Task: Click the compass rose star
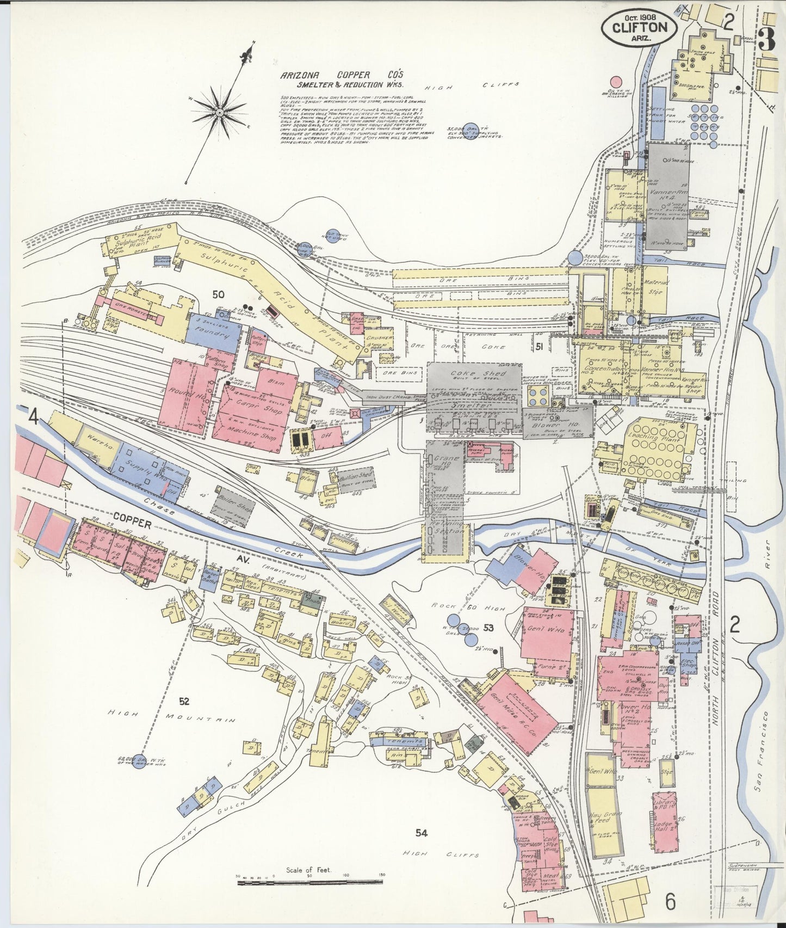tap(219, 113)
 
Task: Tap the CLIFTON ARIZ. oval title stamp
tap(639, 27)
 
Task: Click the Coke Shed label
tap(471, 374)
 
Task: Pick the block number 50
tap(218, 294)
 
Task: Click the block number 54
tap(421, 832)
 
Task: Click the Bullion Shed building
tap(356, 476)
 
